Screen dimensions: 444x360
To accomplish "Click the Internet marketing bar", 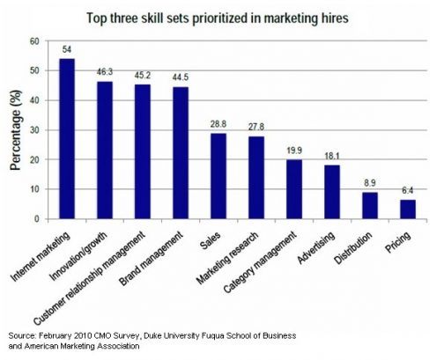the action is point(67,138).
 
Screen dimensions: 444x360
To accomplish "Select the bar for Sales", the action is point(218,176).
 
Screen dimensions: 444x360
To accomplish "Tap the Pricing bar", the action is point(408,209).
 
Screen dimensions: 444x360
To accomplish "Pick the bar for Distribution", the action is point(370,205).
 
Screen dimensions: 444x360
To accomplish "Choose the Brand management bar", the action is point(181,153).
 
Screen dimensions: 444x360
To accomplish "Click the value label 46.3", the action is point(105,72).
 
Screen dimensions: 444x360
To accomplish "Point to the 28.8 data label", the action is point(218,124).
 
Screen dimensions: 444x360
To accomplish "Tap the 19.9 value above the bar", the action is point(294,151).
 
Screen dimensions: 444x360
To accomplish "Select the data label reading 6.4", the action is point(408,191).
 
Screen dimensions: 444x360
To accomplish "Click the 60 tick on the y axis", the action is point(34,41).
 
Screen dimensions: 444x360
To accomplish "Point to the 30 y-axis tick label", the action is point(34,130).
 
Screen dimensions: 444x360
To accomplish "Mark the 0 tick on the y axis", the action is point(37,219).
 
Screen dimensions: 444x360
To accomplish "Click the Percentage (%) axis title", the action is point(16,130).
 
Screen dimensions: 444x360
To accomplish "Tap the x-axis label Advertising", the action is point(316,247).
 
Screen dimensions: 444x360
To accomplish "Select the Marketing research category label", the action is point(227,258).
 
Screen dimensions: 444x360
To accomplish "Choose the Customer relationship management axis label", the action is point(90,278).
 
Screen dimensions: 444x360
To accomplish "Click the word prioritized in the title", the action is point(219,18).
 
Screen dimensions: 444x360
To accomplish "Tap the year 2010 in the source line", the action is point(83,335).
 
